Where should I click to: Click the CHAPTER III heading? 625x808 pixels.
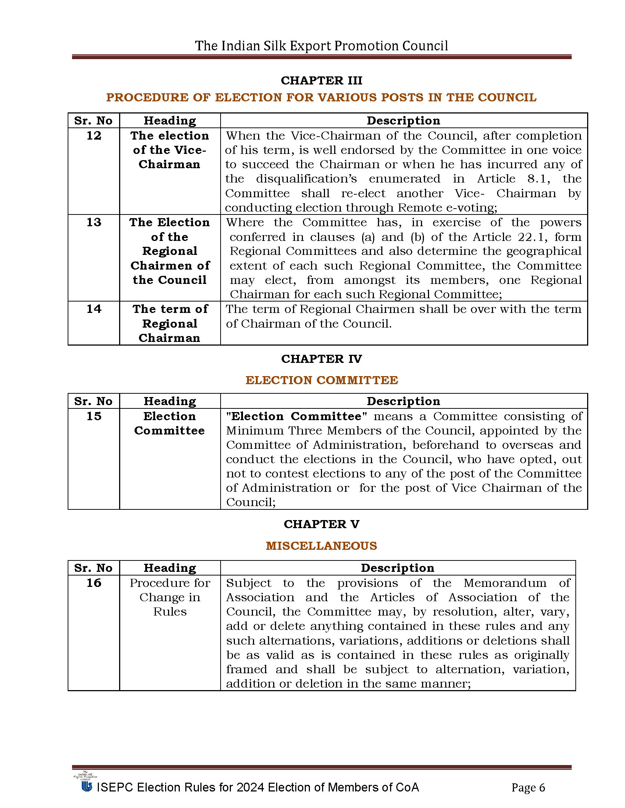(x=321, y=80)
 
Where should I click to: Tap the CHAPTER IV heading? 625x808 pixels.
(x=321, y=358)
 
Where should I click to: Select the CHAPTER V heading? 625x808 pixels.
(x=321, y=524)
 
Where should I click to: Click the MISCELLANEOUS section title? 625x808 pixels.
(x=321, y=546)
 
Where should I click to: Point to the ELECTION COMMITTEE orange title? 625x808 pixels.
(x=321, y=380)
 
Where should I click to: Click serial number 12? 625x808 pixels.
(x=94, y=136)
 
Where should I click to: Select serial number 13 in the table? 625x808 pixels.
(x=94, y=222)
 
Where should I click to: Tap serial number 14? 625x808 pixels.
(x=94, y=309)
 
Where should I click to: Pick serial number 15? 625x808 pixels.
(x=94, y=416)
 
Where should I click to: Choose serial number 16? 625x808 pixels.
(x=94, y=583)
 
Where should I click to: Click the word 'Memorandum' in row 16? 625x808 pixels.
(x=505, y=583)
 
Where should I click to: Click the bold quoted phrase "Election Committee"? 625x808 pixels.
(x=296, y=416)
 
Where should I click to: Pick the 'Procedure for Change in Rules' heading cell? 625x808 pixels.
(x=169, y=597)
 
